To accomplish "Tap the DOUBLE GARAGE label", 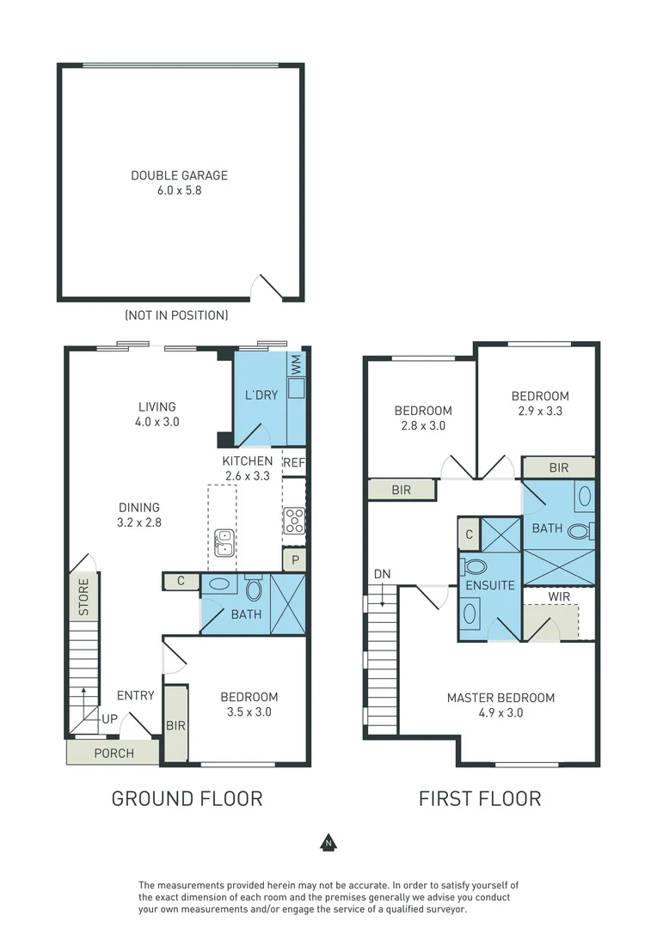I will pos(179,175).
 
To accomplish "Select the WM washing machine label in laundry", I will pos(295,364).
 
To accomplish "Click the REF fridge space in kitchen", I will pos(294,462).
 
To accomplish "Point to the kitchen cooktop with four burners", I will pos(294,522).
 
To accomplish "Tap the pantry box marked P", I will pos(294,559).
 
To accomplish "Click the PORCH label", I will pos(114,754).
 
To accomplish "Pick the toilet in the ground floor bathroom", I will pos(255,589).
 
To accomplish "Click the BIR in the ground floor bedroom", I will pos(176,724).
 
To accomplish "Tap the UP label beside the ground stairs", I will pos(110,718).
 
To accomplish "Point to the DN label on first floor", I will pos(382,574).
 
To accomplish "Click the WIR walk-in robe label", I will pos(558,595).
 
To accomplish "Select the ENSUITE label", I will pos(490,585).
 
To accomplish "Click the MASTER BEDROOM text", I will pos(500,698).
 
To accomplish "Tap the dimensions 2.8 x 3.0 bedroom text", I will pos(423,425).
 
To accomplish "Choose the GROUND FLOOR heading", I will pos(187,798).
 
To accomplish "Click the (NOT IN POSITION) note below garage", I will pos(176,315).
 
